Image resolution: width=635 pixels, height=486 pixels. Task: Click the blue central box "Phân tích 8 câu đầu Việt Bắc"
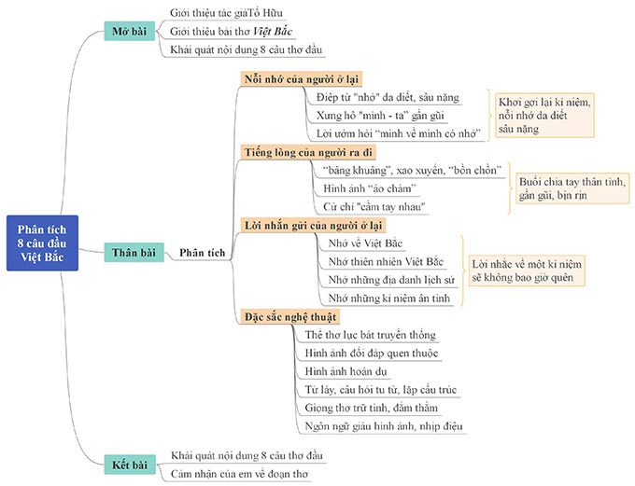point(43,243)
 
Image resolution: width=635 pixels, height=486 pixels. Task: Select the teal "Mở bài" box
point(130,31)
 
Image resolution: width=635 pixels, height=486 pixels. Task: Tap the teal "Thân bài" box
point(134,253)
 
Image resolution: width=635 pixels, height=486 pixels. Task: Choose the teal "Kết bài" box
point(130,465)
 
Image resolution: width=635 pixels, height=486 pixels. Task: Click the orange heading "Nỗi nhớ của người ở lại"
point(302,79)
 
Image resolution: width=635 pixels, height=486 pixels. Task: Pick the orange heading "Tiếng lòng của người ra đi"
point(308,152)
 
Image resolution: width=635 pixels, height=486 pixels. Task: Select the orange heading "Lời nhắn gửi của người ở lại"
point(314,225)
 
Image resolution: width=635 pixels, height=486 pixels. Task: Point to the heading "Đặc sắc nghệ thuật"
point(290,316)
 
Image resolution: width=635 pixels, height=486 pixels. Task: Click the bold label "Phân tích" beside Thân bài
point(202,253)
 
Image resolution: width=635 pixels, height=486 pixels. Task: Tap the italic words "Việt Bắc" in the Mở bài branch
point(273,31)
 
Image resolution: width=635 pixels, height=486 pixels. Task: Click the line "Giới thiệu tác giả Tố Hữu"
point(226,13)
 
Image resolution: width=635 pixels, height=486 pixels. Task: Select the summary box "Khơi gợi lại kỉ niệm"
point(544,116)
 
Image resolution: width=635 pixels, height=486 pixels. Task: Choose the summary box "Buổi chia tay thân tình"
point(572,188)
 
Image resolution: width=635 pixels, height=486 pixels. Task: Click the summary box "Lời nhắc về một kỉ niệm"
point(527,271)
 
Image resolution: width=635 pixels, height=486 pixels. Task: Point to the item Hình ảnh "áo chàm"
point(370,188)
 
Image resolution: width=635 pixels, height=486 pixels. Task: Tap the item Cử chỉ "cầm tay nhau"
point(374,207)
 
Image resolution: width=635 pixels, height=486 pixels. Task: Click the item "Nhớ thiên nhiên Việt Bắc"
point(386,261)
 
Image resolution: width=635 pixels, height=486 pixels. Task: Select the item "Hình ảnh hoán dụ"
point(346,371)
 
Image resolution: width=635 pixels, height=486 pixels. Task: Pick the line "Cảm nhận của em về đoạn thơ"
point(239,474)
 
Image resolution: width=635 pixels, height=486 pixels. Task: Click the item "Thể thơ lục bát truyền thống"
point(371,335)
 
